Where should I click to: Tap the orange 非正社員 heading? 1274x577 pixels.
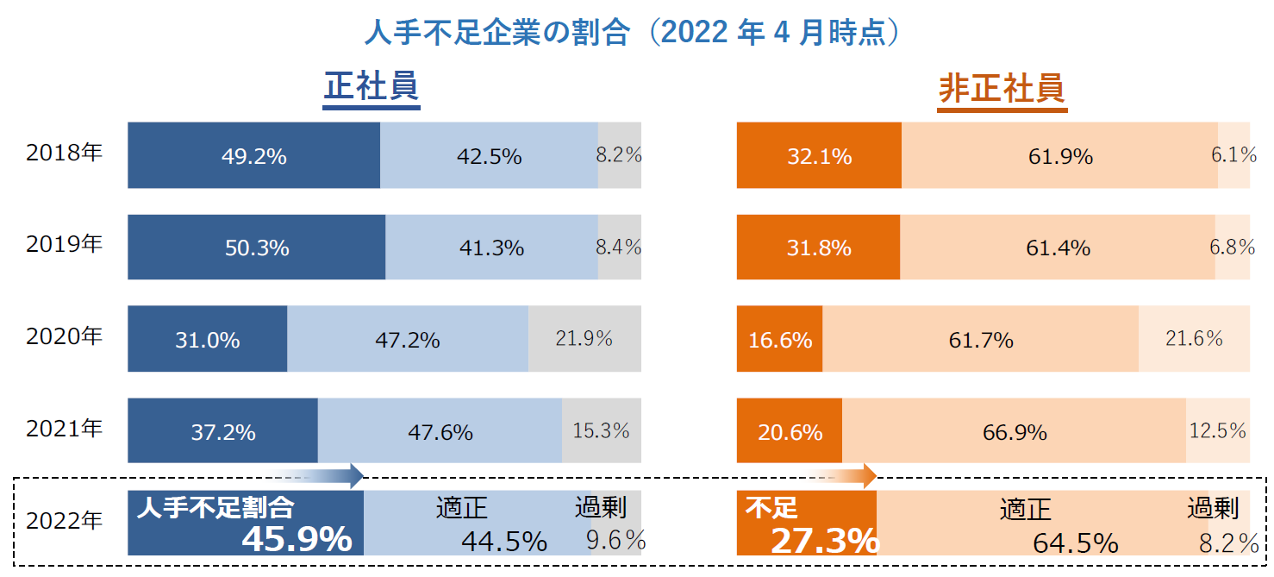[1002, 89]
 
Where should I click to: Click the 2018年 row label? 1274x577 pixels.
[65, 154]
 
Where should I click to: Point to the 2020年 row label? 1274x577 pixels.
[65, 336]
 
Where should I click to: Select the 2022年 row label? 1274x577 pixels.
[65, 520]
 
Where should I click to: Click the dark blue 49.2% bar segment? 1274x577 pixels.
[253, 156]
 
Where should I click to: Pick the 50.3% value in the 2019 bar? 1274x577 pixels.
[256, 248]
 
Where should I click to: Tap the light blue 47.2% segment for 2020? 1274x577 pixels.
[407, 340]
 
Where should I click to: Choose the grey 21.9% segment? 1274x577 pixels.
[584, 339]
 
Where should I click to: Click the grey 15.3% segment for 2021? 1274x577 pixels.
[601, 430]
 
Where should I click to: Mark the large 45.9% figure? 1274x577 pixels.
[297, 539]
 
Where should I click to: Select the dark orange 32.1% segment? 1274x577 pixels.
[819, 156]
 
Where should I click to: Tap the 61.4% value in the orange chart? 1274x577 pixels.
[1058, 248]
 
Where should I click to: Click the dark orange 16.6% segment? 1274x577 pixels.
[779, 340]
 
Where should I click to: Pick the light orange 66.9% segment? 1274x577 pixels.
[1015, 431]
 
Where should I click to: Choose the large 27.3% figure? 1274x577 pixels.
[823, 541]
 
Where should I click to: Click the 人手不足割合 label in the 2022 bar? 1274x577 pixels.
[215, 507]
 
